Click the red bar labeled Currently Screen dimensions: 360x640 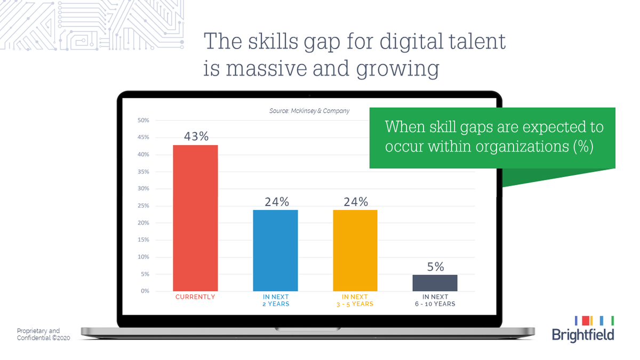point(195,218)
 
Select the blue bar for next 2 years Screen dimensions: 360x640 point(275,250)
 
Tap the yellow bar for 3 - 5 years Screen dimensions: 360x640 point(355,250)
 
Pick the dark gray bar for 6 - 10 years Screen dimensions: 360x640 point(435,283)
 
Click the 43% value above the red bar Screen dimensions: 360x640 point(196,137)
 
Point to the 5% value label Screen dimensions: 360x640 point(435,267)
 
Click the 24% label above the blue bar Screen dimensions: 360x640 point(276,202)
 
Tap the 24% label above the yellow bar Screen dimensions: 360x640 point(356,202)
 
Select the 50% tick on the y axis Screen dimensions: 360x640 point(143,121)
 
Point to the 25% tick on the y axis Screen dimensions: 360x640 point(143,206)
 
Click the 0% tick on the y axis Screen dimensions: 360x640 point(145,291)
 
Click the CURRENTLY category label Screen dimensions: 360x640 point(195,297)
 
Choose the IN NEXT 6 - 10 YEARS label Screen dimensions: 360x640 point(435,300)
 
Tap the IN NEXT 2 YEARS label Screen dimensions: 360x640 point(276,300)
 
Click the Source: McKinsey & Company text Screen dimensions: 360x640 point(309,111)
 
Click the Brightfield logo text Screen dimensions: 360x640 point(582,335)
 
